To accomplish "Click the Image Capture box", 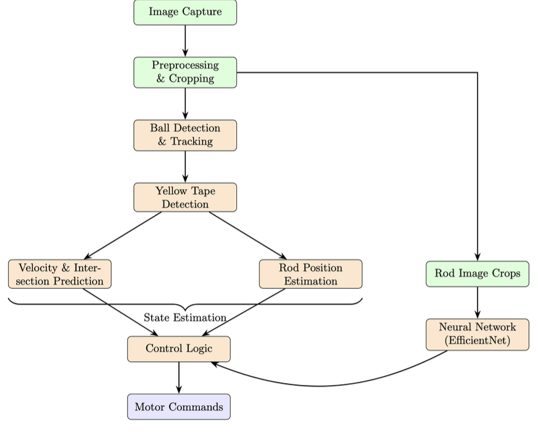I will point(185,12).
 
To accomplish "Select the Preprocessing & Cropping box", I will point(185,72).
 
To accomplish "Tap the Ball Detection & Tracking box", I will point(185,135).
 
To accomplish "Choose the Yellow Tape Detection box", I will point(185,197).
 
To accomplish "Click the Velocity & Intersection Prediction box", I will point(60,274).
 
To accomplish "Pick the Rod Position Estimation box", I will point(310,274).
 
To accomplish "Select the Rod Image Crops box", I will point(477,273).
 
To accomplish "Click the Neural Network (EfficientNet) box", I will point(477,334).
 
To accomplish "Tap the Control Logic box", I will point(179,349).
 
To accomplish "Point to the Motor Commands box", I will point(179,407).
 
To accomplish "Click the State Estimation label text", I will point(185,318).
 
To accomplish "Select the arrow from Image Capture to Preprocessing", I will point(185,41).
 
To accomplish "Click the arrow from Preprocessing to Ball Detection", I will point(185,104).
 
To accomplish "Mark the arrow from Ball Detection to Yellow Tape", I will point(185,166).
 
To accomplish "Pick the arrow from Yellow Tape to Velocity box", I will point(123,235).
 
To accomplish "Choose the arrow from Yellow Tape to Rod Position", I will point(247,235).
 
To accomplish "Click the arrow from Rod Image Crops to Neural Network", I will point(477,302).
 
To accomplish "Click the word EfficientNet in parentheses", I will point(477,340).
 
